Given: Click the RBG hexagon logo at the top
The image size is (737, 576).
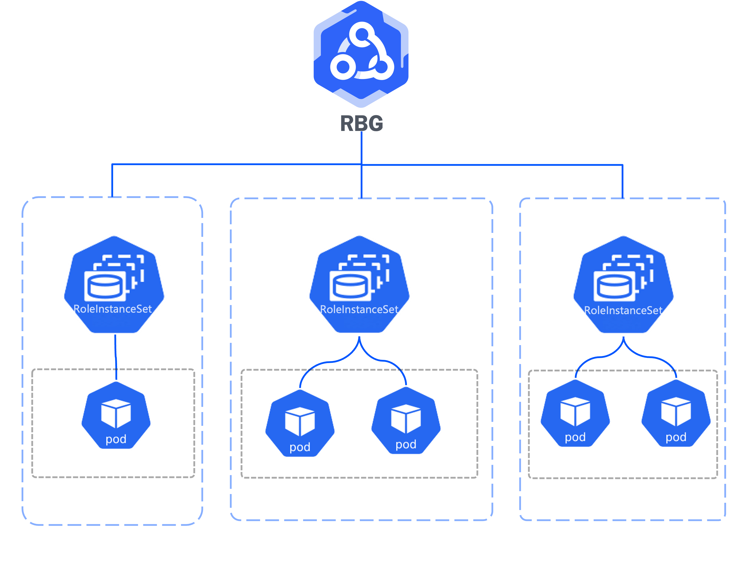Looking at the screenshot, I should coord(361,54).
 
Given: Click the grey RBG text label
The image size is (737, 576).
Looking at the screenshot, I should coord(361,123).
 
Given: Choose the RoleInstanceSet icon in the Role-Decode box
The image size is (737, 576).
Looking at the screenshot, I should coord(623,285).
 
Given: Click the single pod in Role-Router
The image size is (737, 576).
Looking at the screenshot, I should coord(116,416).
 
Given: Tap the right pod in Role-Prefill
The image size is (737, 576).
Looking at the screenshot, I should coord(406,421).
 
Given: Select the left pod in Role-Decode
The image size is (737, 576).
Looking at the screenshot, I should coord(575,414).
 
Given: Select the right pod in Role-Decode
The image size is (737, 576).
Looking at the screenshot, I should coord(676,414).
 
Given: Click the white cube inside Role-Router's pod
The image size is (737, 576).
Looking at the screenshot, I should coord(116,413).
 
